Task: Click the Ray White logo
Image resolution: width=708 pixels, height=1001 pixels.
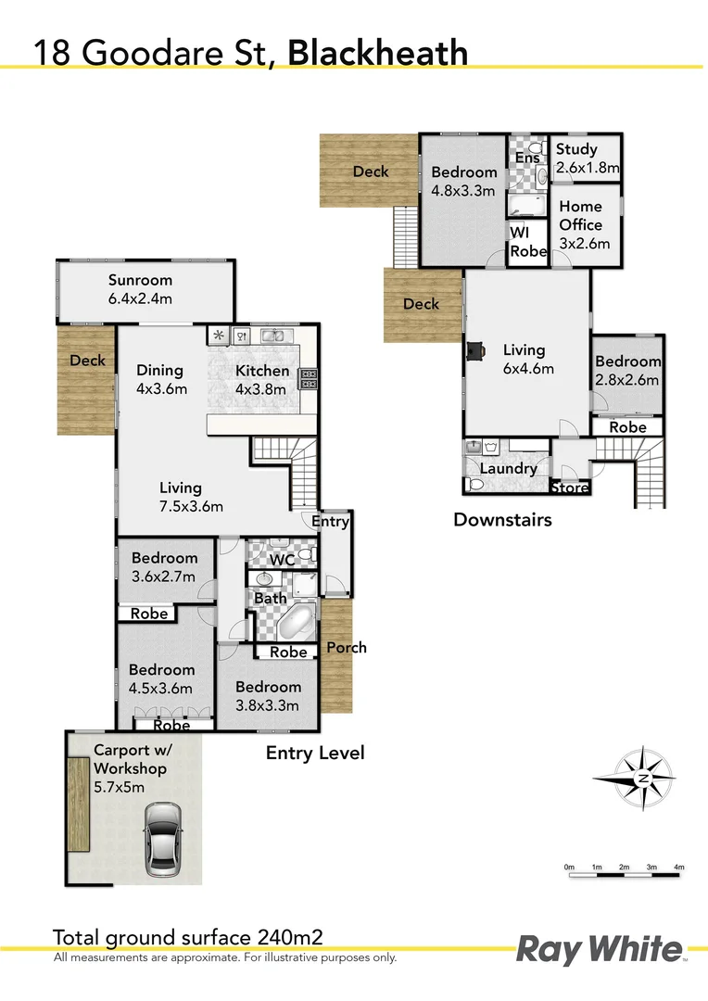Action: pos(598,950)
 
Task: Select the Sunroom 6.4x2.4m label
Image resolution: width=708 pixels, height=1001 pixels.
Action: pos(140,289)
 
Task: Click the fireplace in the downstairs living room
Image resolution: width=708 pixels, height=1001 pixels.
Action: pos(474,350)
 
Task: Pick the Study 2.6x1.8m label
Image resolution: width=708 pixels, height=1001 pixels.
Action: pos(586,158)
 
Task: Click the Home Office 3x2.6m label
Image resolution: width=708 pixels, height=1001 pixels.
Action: pos(580,224)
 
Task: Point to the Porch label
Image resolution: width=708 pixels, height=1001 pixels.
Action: pos(346,647)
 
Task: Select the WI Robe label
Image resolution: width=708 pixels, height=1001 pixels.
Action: pos(528,241)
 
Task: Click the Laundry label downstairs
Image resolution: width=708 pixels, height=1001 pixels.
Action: pos(509,468)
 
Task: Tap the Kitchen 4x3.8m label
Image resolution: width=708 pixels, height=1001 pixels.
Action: pos(262,380)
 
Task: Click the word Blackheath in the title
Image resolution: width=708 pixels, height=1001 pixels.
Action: pos(378,53)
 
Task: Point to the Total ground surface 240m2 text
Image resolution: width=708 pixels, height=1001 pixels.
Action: pos(187,937)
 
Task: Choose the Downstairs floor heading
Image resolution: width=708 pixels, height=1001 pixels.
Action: pos(502,520)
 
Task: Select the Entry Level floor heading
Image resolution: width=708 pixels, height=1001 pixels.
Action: pos(315,753)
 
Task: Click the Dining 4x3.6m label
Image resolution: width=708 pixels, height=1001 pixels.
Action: pos(161,380)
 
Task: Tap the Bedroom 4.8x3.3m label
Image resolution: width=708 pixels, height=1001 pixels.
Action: pos(464,182)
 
